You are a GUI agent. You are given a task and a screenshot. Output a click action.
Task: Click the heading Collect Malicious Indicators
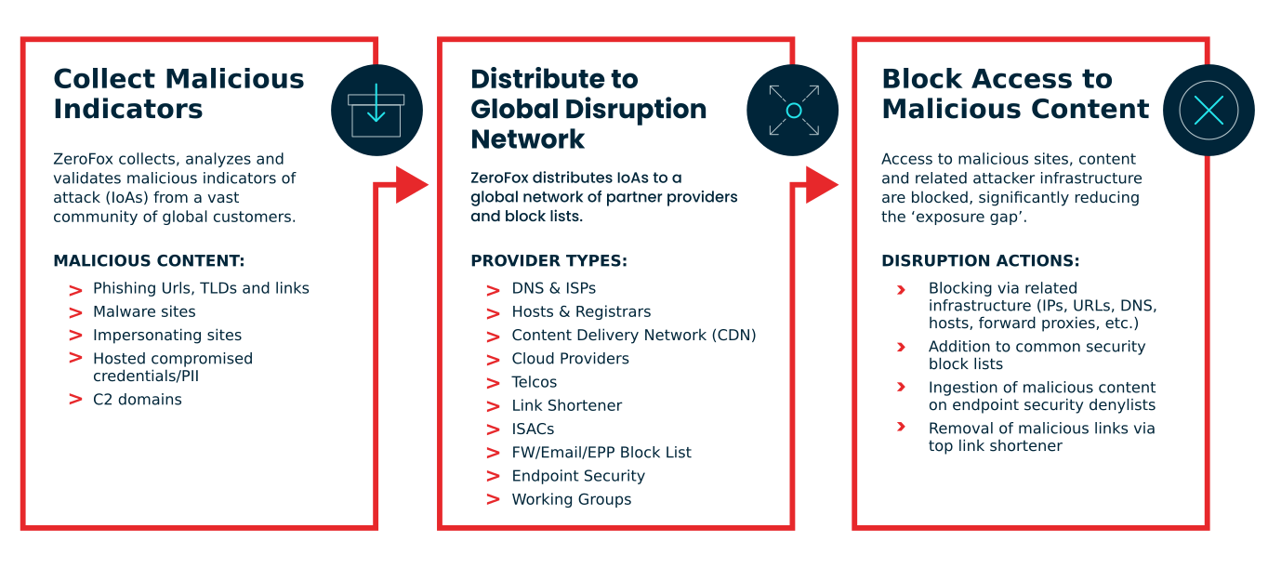pyautogui.click(x=178, y=94)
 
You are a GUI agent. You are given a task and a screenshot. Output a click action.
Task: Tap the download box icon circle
pyautogui.click(x=376, y=111)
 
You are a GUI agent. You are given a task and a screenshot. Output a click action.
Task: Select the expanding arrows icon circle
pyautogui.click(x=793, y=111)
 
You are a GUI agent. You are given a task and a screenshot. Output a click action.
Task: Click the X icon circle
pyautogui.click(x=1208, y=111)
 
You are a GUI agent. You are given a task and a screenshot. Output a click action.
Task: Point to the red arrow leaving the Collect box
pyautogui.click(x=410, y=184)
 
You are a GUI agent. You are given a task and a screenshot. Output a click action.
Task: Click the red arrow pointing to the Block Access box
pyautogui.click(x=822, y=184)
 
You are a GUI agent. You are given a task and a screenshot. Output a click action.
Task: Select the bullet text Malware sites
pyautogui.click(x=144, y=311)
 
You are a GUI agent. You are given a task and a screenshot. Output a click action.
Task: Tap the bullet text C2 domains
pyautogui.click(x=137, y=400)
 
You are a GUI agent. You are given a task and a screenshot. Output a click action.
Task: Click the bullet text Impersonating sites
pyautogui.click(x=167, y=336)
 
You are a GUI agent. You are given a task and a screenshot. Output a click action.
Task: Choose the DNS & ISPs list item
pyautogui.click(x=554, y=288)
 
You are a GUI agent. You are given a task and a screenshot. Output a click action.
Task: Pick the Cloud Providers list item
pyautogui.click(x=570, y=359)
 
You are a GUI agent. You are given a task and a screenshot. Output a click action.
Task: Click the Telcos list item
pyautogui.click(x=535, y=382)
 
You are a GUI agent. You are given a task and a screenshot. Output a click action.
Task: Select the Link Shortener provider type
pyautogui.click(x=567, y=405)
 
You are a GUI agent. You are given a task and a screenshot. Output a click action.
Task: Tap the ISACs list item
pyautogui.click(x=533, y=429)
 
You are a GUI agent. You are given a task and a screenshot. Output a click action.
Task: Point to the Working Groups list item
pyautogui.click(x=572, y=499)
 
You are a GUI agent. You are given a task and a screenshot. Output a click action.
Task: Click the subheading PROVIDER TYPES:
pyautogui.click(x=548, y=261)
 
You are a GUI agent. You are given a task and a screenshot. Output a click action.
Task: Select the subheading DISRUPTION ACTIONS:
pyautogui.click(x=981, y=261)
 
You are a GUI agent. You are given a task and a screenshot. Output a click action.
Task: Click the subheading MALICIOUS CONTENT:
pyautogui.click(x=149, y=261)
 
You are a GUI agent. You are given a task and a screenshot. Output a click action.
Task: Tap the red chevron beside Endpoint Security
pyautogui.click(x=494, y=476)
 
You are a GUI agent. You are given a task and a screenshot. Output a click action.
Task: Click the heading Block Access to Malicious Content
pyautogui.click(x=1015, y=94)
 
